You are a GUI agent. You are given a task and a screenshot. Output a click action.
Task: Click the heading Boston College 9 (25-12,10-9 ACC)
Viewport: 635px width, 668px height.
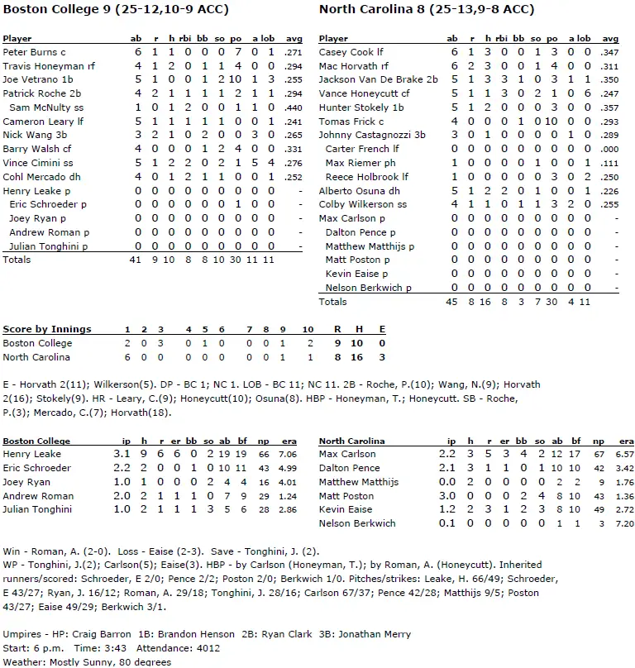[x=116, y=10]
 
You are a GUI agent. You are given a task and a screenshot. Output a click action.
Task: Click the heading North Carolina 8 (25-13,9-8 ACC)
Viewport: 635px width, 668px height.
[x=427, y=10]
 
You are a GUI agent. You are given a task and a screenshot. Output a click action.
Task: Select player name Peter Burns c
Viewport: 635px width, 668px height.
[x=34, y=51]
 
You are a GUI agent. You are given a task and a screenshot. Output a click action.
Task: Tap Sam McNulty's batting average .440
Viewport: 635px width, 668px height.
[x=293, y=107]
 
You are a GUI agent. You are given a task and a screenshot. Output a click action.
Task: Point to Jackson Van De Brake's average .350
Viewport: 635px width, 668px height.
[x=609, y=79]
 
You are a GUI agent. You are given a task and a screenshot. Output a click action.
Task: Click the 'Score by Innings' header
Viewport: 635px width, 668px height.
[x=47, y=329]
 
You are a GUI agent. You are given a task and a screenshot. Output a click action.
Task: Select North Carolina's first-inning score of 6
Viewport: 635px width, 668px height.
[x=127, y=357]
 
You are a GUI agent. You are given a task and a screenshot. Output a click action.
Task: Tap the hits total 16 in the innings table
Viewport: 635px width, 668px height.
[x=359, y=357]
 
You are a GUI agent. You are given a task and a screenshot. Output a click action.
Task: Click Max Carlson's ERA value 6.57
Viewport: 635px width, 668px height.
[x=624, y=455]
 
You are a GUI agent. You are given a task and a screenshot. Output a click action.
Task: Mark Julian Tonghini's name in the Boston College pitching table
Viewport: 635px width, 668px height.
[x=36, y=510]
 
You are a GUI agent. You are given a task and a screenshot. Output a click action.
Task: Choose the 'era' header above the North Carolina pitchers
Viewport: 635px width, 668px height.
[x=625, y=441]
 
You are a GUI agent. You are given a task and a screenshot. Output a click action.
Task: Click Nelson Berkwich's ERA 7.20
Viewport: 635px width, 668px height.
[x=624, y=524]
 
